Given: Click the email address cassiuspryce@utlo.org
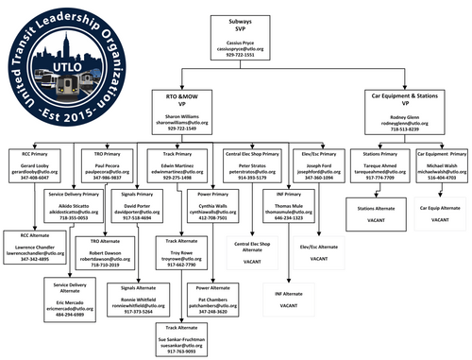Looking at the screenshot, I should [235, 49].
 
